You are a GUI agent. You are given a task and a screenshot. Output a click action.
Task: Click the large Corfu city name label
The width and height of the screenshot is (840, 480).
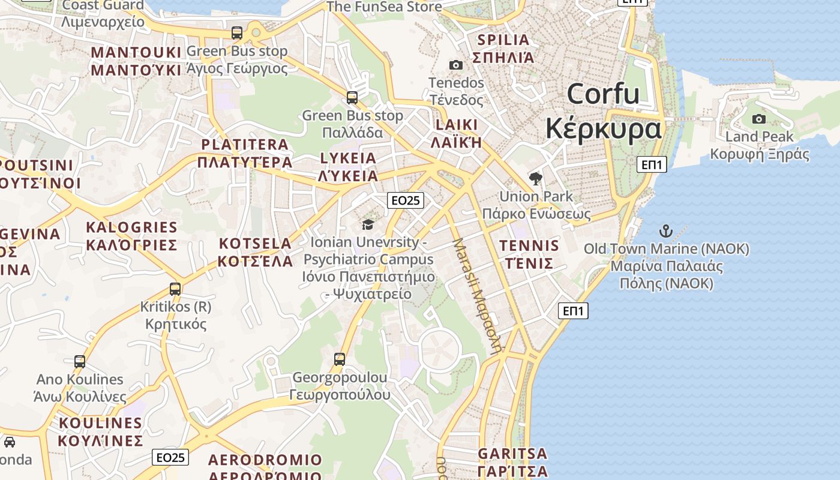coord(603,112)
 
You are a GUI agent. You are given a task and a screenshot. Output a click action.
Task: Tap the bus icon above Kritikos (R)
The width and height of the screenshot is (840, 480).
coord(175,289)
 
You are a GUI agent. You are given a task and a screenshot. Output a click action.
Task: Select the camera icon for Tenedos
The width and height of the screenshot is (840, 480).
coord(456,65)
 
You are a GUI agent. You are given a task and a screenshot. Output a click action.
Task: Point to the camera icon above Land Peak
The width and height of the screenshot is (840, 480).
coord(759,119)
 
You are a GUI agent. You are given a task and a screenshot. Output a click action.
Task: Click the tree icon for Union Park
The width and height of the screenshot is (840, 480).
coord(536,178)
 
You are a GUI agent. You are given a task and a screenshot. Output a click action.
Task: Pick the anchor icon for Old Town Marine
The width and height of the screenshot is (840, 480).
coord(666,230)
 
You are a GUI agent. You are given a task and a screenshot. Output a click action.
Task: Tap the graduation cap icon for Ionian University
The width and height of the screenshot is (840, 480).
coord(368,224)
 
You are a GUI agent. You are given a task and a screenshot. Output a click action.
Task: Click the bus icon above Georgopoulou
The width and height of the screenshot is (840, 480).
coord(340,359)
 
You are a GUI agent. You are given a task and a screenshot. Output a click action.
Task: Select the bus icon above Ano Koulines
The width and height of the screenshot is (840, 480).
coord(80,361)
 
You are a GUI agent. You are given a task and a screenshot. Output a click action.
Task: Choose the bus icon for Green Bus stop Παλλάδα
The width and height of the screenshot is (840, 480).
coord(352,97)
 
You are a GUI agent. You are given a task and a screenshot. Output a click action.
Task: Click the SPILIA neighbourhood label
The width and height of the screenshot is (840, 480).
coord(503,49)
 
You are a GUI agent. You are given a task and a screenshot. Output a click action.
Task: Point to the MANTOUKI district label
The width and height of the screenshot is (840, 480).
coord(136,61)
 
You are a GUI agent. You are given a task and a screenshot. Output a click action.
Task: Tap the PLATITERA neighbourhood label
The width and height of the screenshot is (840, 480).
coord(245,153)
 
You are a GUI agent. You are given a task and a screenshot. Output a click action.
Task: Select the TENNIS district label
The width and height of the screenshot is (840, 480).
coord(529,254)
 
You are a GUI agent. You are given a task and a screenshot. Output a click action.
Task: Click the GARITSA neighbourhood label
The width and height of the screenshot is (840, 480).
coord(513,461)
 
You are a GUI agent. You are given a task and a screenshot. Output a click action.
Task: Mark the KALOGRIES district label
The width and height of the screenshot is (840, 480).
coord(132,236)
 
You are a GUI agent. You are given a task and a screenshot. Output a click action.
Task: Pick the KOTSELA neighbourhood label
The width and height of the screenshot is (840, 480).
coord(256,252)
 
